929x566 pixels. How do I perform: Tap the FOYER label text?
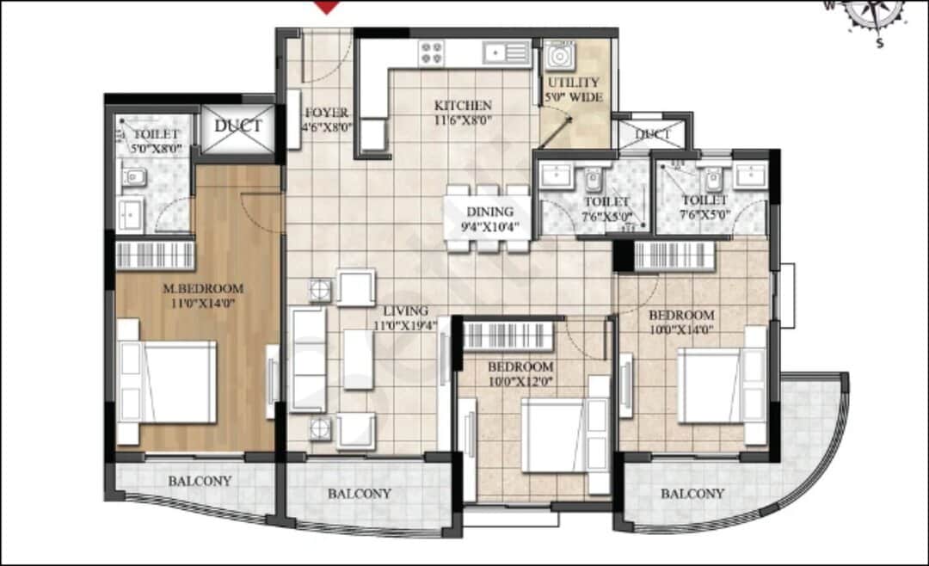coord(326,113)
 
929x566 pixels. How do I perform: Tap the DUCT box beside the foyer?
coord(237,126)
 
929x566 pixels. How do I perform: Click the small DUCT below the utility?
coord(655,134)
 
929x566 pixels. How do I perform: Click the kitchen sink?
coord(507,53)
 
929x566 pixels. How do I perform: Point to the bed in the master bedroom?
coord(168,381)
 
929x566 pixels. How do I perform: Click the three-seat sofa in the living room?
coord(307,359)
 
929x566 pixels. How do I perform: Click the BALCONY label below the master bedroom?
coord(199,481)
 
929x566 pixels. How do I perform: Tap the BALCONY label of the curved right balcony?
coord(692,494)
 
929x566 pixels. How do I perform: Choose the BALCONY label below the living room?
coord(360,494)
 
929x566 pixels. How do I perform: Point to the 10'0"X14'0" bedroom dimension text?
coord(681,328)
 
